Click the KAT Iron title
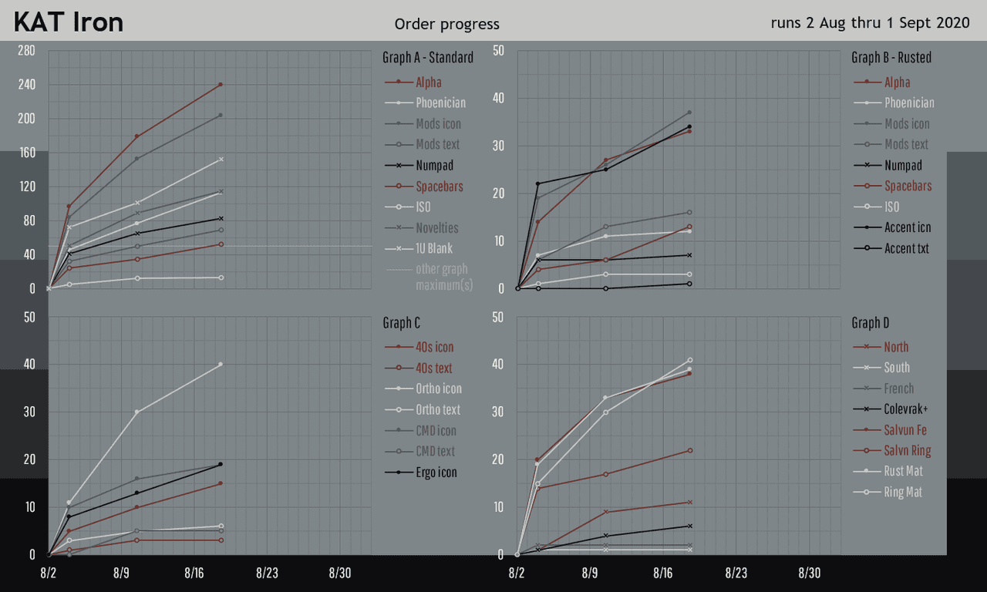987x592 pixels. coord(69,22)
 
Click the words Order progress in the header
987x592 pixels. coord(446,25)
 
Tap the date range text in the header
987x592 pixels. coord(870,23)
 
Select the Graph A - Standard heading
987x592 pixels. coord(428,58)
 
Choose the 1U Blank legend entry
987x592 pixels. coord(434,248)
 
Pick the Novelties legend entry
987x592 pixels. coord(437,227)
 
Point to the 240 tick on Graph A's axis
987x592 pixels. coord(27,85)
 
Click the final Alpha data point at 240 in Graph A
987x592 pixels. coord(221,84)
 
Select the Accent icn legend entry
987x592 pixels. coord(908,227)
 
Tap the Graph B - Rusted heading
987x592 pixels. coord(891,58)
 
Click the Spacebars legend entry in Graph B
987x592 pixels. coord(908,186)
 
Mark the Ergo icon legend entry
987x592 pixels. coord(436,472)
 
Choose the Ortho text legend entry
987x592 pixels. coord(438,409)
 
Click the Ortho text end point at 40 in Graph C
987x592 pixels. coord(221,364)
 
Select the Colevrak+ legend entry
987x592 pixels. coord(905,409)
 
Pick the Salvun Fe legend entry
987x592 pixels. coord(905,430)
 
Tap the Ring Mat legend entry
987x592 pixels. coord(903,492)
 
